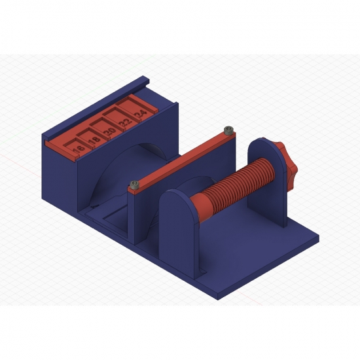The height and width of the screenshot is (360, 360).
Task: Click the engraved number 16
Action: coord(79,150)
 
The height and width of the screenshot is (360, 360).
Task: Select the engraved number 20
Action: coord(109,132)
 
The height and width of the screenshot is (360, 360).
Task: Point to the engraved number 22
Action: coord(124,122)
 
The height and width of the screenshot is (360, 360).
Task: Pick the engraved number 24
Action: coord(138,114)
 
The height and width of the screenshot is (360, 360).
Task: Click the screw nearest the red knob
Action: coord(227,130)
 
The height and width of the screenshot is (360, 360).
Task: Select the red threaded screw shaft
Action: coord(242,183)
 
